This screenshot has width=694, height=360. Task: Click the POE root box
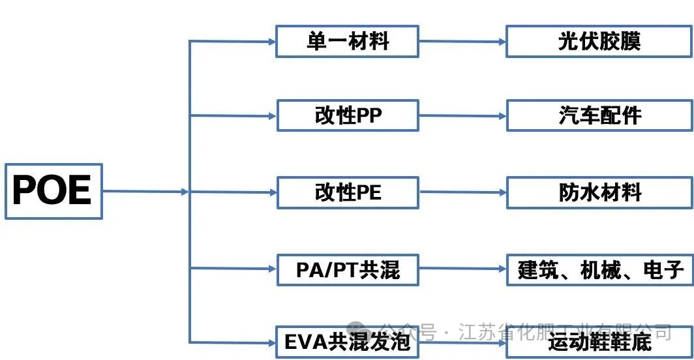coord(53,191)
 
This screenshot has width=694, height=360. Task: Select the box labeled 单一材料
coord(347,41)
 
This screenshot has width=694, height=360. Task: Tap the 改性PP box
coord(347,115)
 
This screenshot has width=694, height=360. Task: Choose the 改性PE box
coord(347,192)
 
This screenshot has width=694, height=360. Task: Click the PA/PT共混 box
coord(347,269)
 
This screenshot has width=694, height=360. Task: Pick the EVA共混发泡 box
coord(347,342)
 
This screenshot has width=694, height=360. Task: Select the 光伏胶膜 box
coord(599,41)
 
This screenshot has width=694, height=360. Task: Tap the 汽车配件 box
coord(599,116)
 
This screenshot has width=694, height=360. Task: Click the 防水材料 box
coord(599,192)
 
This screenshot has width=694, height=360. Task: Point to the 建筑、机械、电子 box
coord(599,269)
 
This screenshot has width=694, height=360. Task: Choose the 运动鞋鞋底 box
coord(599,342)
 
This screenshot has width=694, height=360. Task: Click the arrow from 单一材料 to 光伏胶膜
coord(462,41)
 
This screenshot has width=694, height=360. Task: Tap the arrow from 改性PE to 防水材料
coord(462,192)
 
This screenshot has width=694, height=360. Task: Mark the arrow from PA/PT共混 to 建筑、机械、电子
coord(462,269)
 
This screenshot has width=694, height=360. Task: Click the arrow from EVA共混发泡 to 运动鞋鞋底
coord(462,341)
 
